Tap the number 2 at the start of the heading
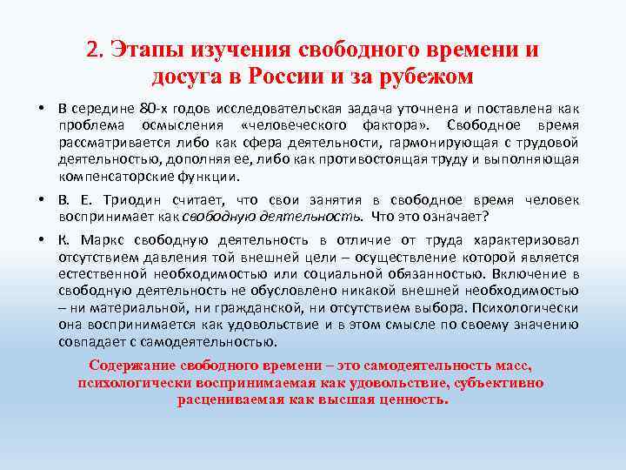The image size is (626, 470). [93, 50]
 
